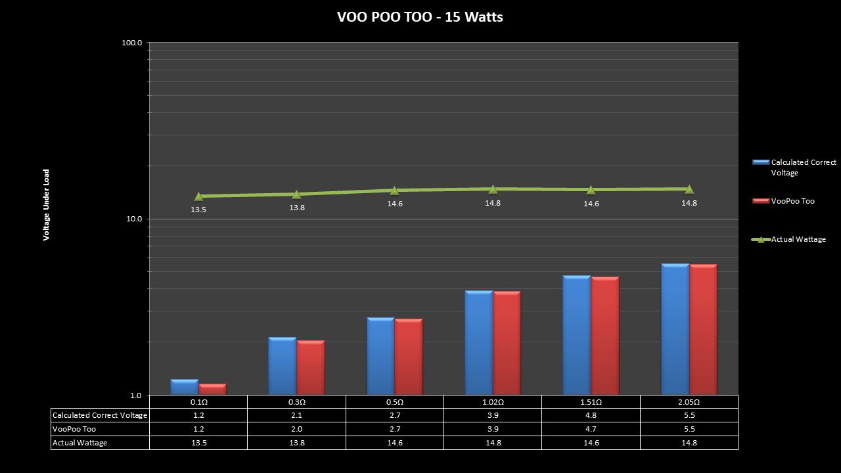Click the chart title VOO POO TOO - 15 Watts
point(420,18)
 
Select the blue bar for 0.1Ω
point(184,387)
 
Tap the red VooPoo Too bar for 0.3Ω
point(311,367)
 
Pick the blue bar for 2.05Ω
point(675,328)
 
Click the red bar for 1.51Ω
point(604,335)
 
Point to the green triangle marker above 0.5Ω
point(394,191)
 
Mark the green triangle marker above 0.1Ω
point(198,196)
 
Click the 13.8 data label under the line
point(297,208)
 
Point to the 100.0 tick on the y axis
point(132,43)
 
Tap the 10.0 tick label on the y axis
point(133,219)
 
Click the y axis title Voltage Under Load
point(47,205)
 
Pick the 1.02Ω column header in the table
point(493,402)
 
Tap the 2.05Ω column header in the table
point(689,402)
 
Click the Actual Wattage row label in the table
point(80,443)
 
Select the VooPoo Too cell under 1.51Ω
point(591,429)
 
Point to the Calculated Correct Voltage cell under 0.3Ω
point(297,415)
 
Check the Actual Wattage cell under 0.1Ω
point(198,443)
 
